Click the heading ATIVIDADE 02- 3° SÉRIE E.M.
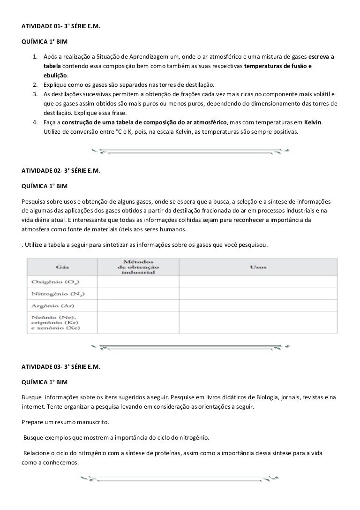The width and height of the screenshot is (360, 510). [x=61, y=171]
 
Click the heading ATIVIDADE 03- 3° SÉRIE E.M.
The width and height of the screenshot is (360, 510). [x=61, y=366]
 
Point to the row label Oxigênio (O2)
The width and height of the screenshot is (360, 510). [x=55, y=282]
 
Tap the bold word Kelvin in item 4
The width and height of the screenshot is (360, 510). [x=313, y=122]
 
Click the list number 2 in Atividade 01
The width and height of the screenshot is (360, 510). [x=35, y=85]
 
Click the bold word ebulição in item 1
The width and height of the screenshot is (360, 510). [x=55, y=76]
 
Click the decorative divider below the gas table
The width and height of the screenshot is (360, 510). [x=189, y=346]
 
